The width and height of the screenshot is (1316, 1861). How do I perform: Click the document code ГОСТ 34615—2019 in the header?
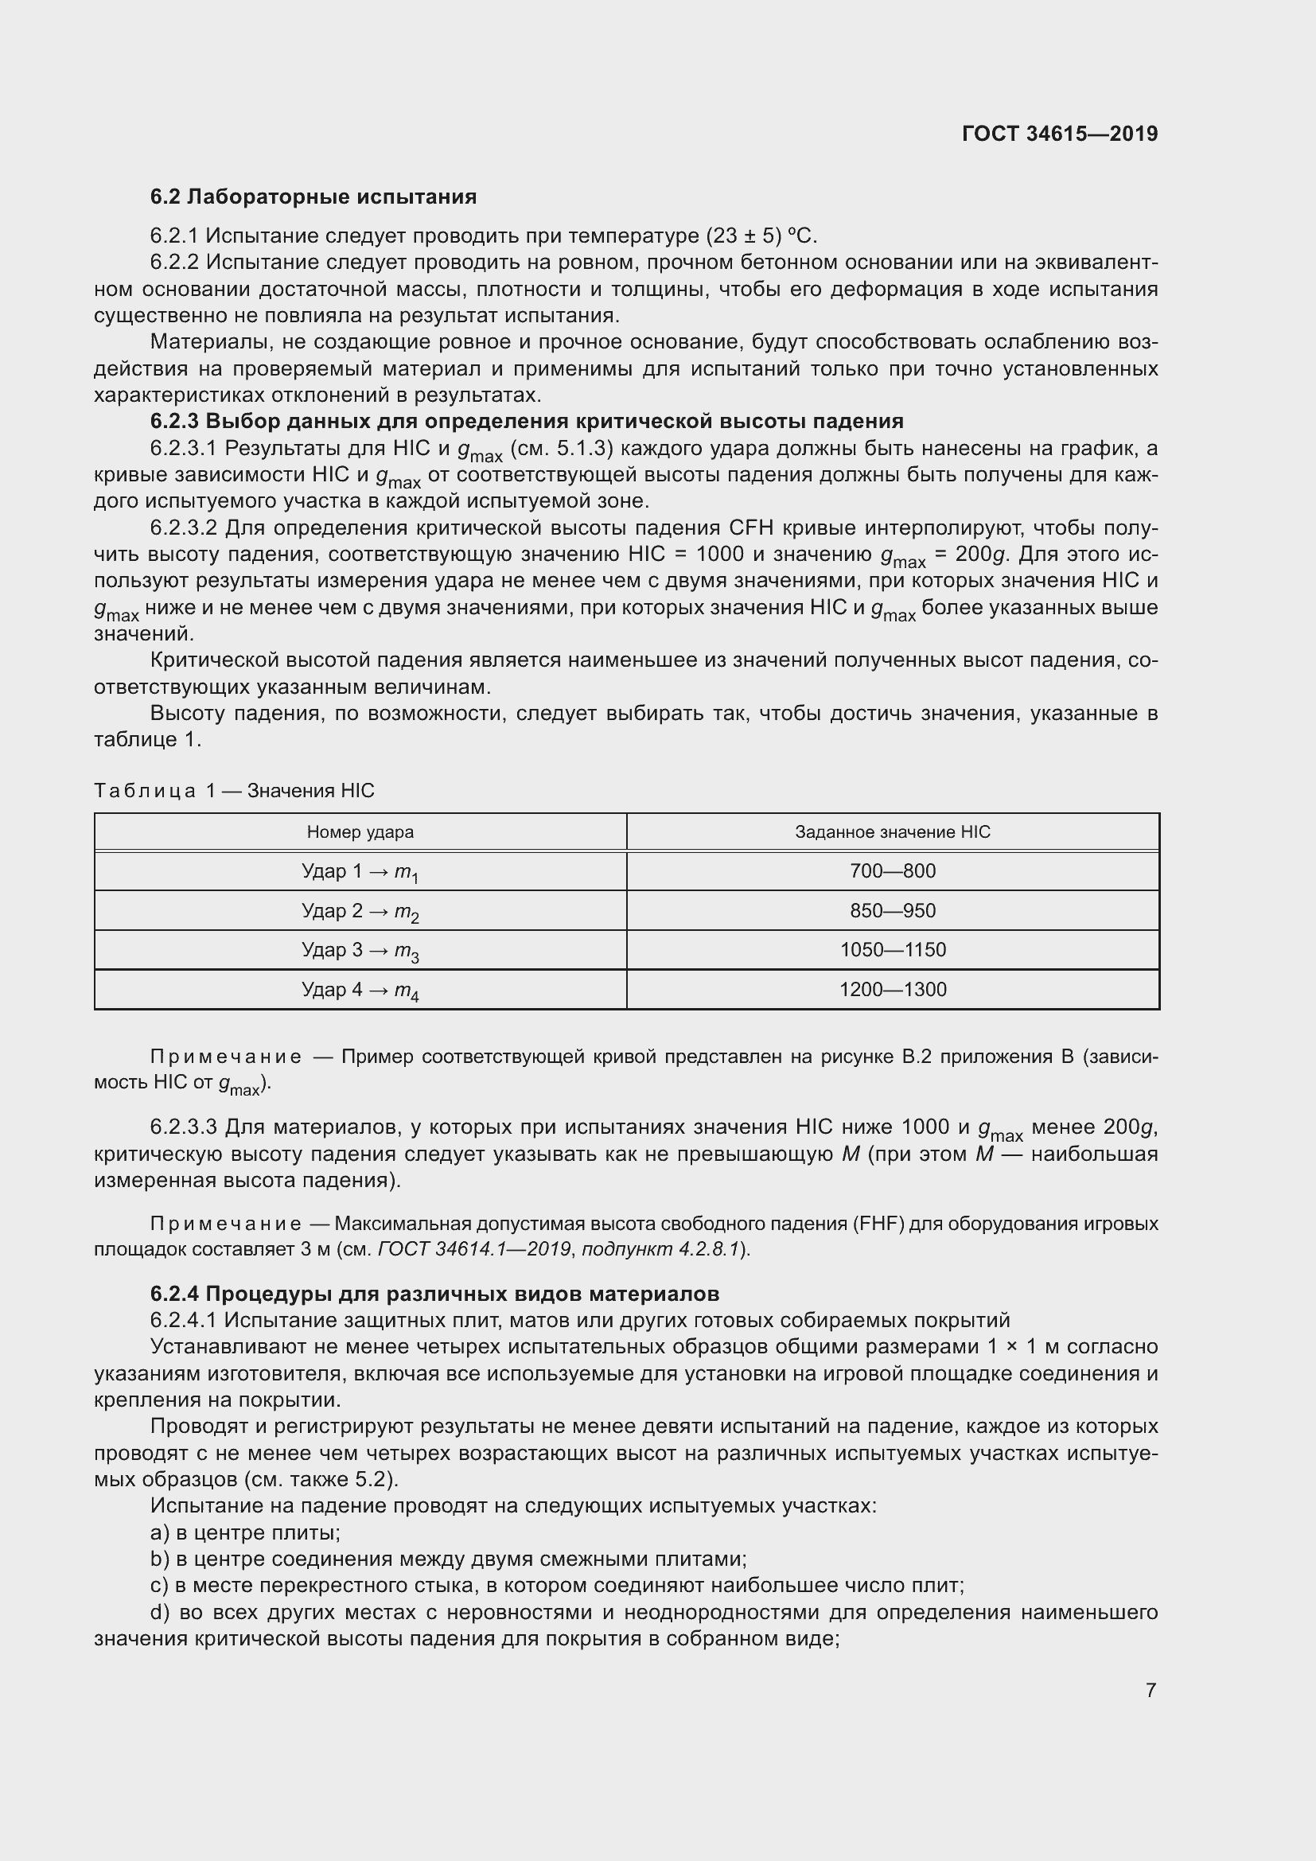coord(1059,134)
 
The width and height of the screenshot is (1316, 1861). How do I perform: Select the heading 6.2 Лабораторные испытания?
coord(313,197)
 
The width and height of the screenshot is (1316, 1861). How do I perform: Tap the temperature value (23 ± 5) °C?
coord(761,236)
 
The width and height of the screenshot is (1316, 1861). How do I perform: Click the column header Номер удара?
coord(360,831)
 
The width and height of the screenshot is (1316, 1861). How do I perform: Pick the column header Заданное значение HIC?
coord(892,831)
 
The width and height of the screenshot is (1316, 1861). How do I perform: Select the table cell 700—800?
coord(892,871)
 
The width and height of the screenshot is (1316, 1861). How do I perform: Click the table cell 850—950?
coord(892,910)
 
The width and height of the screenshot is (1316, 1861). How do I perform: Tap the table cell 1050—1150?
coord(892,950)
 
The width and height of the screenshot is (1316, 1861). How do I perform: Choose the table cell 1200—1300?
coord(892,990)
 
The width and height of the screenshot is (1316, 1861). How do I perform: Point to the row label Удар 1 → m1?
coord(360,872)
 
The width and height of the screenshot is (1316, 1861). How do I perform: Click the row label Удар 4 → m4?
coord(360,991)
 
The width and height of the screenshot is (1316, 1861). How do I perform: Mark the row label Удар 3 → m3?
coord(360,951)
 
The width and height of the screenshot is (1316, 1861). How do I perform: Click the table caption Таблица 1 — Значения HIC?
coord(234,790)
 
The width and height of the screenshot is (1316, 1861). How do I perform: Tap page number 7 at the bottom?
coord(1151,1690)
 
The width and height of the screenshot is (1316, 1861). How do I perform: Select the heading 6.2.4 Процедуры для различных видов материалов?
coord(434,1294)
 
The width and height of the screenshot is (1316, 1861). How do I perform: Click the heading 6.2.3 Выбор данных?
coord(527,422)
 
